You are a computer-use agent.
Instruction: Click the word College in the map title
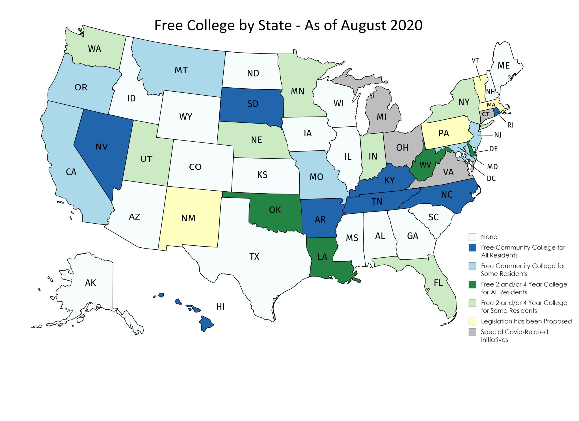(211, 25)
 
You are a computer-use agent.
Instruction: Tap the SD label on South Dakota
(253, 104)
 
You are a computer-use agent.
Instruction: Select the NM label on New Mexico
(188, 218)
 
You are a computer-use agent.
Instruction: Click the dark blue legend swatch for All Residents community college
(472, 248)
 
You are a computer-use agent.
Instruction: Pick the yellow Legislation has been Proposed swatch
(472, 321)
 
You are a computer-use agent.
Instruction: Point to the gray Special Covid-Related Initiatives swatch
(472, 332)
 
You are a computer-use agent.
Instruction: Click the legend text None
(489, 237)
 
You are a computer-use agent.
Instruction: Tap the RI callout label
(510, 125)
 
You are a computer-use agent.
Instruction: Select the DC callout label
(491, 178)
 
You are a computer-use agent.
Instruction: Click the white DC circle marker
(458, 155)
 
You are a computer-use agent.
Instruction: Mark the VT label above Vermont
(475, 61)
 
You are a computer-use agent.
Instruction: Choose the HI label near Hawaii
(220, 306)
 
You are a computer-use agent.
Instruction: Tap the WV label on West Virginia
(425, 165)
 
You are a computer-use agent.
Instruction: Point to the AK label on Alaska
(90, 283)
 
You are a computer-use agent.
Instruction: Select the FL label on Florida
(438, 283)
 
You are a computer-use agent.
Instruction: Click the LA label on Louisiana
(322, 257)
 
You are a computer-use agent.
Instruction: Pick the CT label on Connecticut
(485, 114)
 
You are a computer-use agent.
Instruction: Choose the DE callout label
(493, 149)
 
